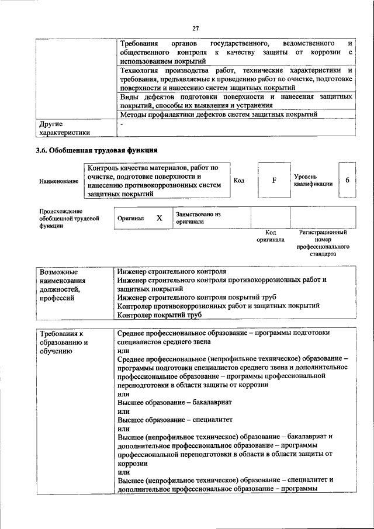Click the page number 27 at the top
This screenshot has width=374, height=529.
(x=196, y=27)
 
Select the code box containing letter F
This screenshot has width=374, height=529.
(x=273, y=180)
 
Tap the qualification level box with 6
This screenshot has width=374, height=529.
(x=347, y=179)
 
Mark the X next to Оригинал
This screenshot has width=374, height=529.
(x=158, y=217)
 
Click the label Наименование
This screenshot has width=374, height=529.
(x=59, y=181)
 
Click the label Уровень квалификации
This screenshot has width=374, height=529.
(x=314, y=179)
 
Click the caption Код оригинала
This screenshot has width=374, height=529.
(x=270, y=236)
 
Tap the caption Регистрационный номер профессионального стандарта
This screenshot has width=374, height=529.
(x=323, y=243)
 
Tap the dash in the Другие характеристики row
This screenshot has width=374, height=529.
(x=122, y=124)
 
